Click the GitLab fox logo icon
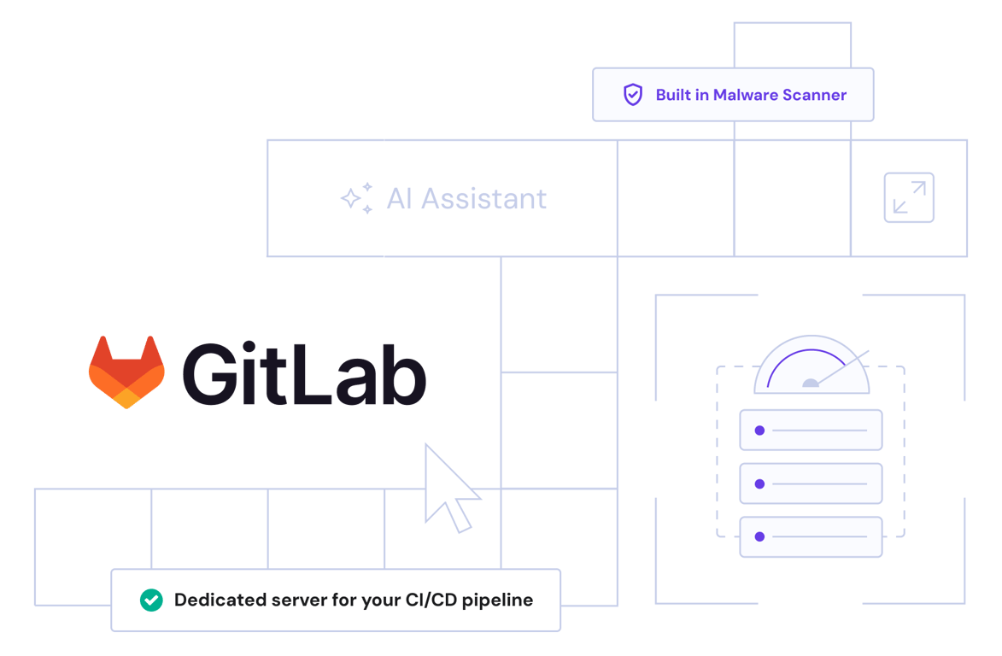pyautogui.click(x=126, y=372)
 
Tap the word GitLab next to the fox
pyautogui.click(x=303, y=373)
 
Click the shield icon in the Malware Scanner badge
pyautogui.click(x=632, y=95)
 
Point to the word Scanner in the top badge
pyautogui.click(x=815, y=95)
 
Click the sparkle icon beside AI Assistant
pyautogui.click(x=356, y=198)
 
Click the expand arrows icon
pyautogui.click(x=908, y=198)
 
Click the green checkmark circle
pyautogui.click(x=151, y=600)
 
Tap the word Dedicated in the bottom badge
pyautogui.click(x=214, y=600)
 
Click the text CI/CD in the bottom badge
pyautogui.click(x=427, y=600)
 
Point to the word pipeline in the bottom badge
pyautogui.click(x=497, y=600)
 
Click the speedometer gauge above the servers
pyautogui.click(x=811, y=366)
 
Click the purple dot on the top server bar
pyautogui.click(x=759, y=430)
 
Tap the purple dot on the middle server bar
pyautogui.click(x=759, y=484)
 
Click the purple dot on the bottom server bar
pyautogui.click(x=759, y=537)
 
